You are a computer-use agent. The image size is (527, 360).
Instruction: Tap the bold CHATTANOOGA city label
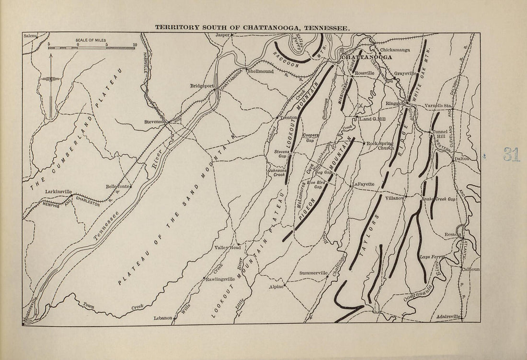[366, 57]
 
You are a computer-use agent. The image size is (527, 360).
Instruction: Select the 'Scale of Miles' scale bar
[92, 47]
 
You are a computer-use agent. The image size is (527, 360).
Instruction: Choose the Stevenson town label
[155, 122]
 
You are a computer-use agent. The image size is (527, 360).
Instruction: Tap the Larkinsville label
[58, 191]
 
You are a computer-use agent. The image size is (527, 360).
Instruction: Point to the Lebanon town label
[162, 317]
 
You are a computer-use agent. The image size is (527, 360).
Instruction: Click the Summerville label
[313, 273]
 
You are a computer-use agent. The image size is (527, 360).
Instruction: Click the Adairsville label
[448, 317]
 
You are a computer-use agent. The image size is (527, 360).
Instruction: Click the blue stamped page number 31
[511, 155]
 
